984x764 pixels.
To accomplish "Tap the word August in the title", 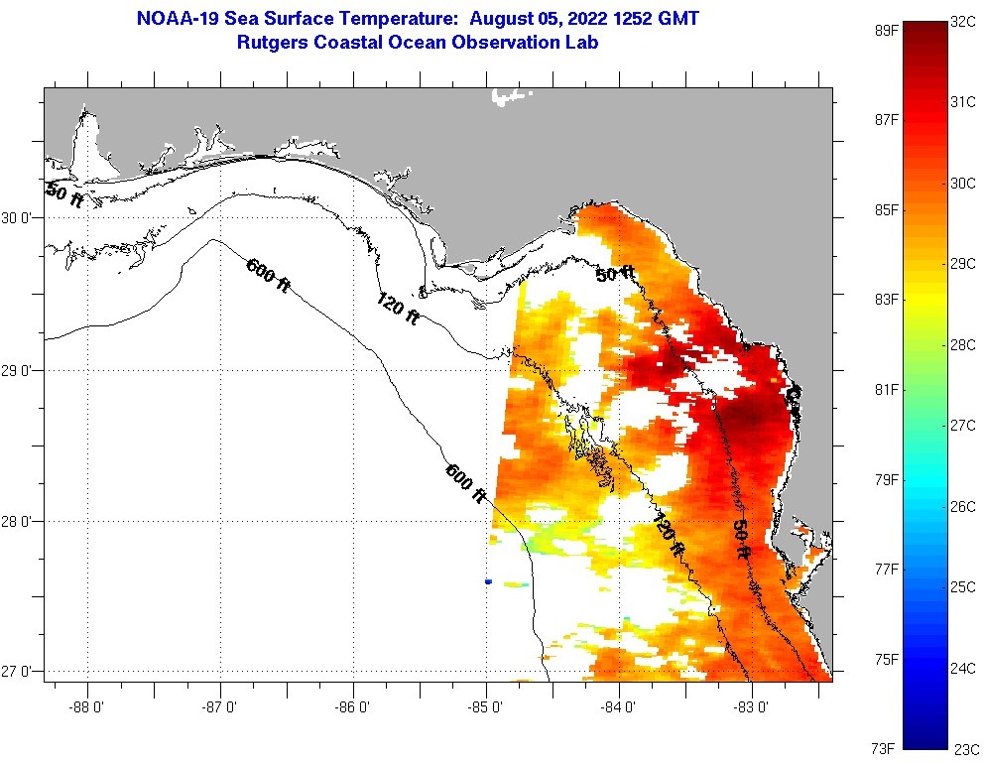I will [x=510, y=18].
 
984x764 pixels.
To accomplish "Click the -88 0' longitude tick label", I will [x=88, y=707].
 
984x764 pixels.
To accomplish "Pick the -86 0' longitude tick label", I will [x=353, y=707].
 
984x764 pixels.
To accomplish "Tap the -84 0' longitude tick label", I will [x=619, y=707].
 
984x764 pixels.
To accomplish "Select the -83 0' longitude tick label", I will [x=752, y=707].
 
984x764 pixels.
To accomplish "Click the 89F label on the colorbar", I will [x=886, y=31].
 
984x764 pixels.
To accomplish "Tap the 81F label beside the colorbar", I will [x=886, y=389].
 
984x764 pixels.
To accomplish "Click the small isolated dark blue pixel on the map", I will [x=488, y=581].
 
